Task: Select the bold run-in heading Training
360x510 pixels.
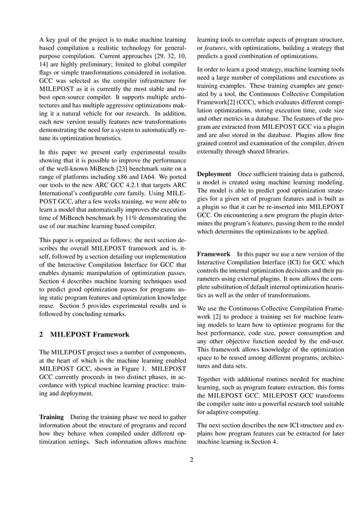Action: (x=51, y=416)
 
